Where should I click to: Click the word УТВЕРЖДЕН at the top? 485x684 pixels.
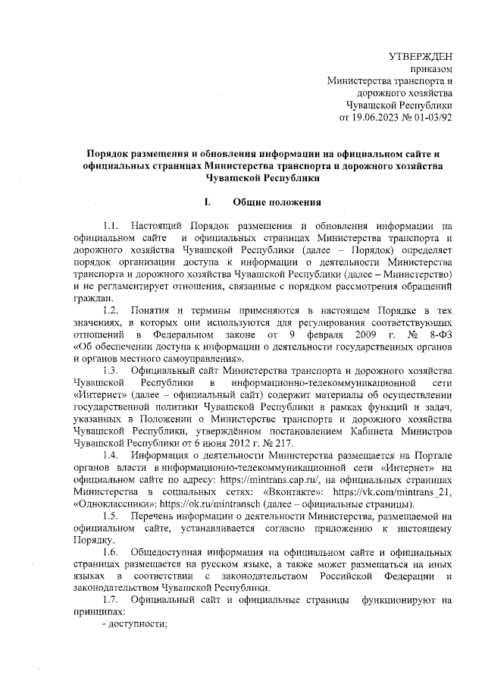click(421, 56)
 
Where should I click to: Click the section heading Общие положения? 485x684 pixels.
click(278, 202)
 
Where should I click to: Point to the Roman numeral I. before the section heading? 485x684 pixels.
click(208, 202)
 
